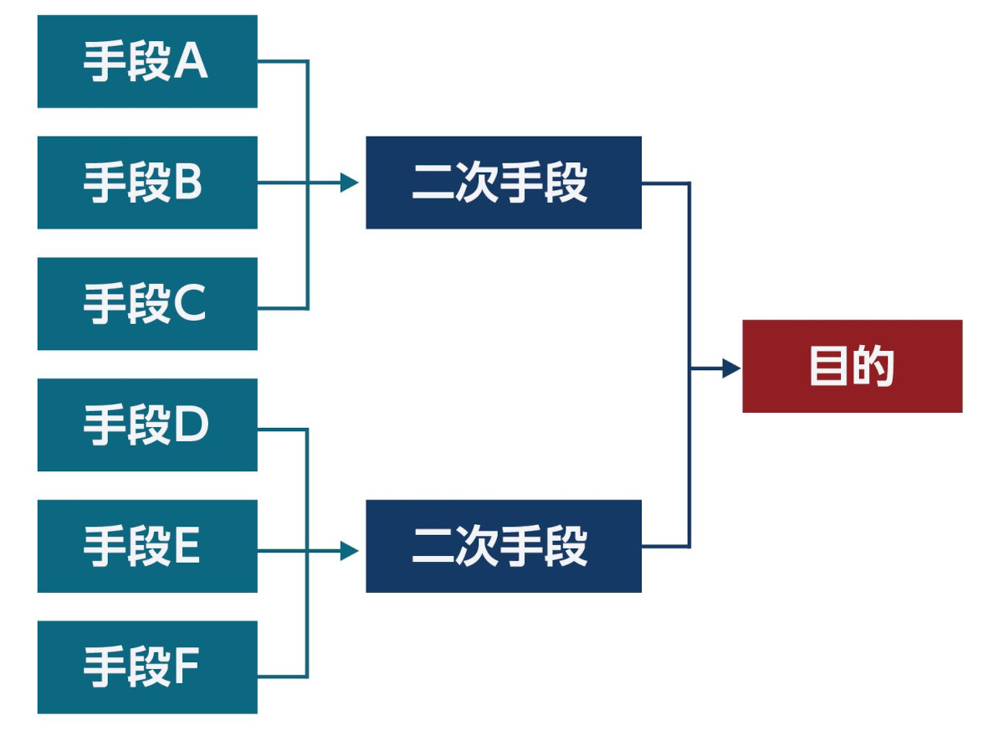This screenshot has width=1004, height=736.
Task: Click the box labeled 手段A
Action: [147, 61]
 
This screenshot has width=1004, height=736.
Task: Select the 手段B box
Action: [147, 183]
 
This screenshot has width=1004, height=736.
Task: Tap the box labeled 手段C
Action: [147, 304]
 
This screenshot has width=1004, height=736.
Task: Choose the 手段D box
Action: [147, 425]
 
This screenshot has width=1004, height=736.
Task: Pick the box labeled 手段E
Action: [147, 546]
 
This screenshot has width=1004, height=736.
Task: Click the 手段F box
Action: [147, 667]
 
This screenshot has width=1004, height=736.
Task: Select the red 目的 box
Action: [852, 366]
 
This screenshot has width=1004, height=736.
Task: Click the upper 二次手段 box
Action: [503, 183]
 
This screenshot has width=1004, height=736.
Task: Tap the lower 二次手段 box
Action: [503, 546]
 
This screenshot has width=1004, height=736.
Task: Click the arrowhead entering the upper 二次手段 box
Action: [349, 183]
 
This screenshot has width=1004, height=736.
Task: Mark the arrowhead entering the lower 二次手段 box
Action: [349, 550]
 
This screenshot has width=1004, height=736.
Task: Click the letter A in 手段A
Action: [191, 62]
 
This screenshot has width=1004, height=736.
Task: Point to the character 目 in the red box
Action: [828, 367]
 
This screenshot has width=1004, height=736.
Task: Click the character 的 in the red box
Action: [874, 367]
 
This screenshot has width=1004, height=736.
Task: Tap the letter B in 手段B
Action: [188, 183]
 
